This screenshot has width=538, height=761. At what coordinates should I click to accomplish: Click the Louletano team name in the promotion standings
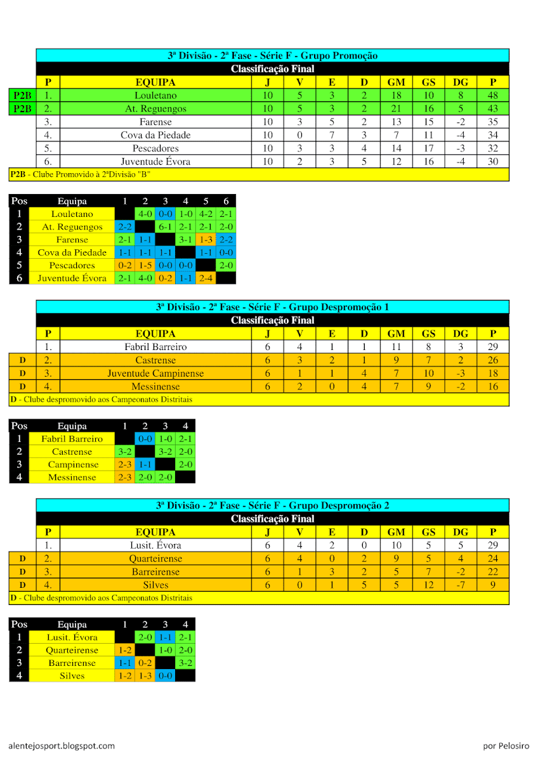(155, 95)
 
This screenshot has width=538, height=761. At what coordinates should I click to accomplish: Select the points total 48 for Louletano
(493, 95)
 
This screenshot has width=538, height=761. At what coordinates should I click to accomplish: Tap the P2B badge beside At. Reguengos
(22, 108)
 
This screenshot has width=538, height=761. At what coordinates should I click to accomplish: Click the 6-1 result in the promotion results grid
(165, 227)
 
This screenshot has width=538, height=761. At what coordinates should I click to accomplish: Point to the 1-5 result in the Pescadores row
(145, 265)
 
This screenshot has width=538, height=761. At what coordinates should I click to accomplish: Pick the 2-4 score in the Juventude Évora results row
(206, 278)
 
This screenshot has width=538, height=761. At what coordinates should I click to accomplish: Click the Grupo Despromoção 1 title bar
(272, 307)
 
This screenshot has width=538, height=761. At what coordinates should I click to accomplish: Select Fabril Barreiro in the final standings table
(155, 347)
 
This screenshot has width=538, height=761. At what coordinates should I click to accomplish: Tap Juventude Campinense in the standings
(155, 374)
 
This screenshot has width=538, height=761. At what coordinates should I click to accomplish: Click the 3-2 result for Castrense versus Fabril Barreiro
(124, 452)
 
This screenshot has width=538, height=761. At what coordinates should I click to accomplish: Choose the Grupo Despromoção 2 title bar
(272, 505)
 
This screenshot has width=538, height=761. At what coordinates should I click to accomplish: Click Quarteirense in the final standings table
(155, 559)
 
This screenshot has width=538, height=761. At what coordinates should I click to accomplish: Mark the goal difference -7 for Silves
(461, 585)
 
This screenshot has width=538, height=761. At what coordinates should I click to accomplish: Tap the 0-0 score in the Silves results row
(165, 675)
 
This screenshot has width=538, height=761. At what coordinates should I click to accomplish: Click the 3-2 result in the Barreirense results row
(185, 663)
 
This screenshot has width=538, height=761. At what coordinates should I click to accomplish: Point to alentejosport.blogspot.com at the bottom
(62, 746)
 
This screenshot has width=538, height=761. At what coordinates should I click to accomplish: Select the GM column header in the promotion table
(396, 82)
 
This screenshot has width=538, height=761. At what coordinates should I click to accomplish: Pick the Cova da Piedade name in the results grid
(72, 252)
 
